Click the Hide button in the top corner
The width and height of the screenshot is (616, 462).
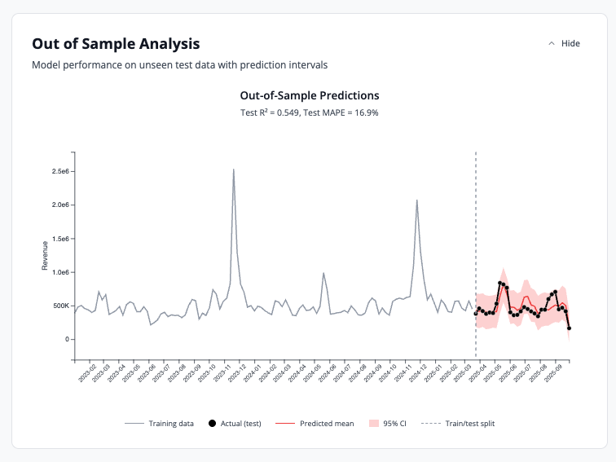(x=564, y=43)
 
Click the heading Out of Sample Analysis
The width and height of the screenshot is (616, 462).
(x=116, y=44)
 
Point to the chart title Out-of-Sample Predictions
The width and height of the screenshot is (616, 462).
(x=309, y=95)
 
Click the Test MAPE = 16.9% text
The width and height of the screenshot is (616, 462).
(x=341, y=112)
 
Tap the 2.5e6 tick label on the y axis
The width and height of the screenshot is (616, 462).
(x=60, y=171)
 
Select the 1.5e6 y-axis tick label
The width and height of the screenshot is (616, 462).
(x=60, y=239)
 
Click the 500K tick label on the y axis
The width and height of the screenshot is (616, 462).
(x=61, y=306)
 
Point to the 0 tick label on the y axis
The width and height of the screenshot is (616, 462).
(x=68, y=339)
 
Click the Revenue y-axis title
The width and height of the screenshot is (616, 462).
(x=46, y=256)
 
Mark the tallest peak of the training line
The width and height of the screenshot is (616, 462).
(x=234, y=169)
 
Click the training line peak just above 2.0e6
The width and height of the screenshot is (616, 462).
(x=417, y=200)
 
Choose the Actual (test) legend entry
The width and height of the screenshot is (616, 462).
(x=235, y=424)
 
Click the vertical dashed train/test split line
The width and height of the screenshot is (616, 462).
(x=476, y=244)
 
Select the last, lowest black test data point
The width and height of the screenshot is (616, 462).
(x=569, y=328)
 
